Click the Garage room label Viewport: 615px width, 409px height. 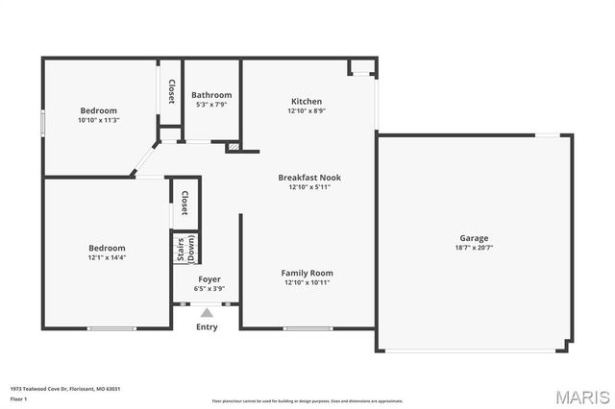point(474,238)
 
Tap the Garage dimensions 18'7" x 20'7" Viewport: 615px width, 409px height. point(474,249)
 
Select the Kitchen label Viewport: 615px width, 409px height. point(307,101)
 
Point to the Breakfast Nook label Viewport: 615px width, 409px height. point(309,177)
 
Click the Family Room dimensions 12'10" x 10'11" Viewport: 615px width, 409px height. point(308,283)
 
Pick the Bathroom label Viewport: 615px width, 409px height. point(211,95)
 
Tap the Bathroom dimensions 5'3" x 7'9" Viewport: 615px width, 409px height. point(211,106)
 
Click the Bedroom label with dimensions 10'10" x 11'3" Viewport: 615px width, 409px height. point(98,110)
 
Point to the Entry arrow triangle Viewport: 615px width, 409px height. point(207,312)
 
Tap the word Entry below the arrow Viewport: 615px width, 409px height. point(207,327)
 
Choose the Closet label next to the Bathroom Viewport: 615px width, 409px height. point(171,92)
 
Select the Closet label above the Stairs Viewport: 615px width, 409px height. point(184,203)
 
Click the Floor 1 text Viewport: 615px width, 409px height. point(17,398)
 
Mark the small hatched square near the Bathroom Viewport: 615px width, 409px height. point(233,148)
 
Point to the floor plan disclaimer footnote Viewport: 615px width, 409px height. point(307,400)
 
